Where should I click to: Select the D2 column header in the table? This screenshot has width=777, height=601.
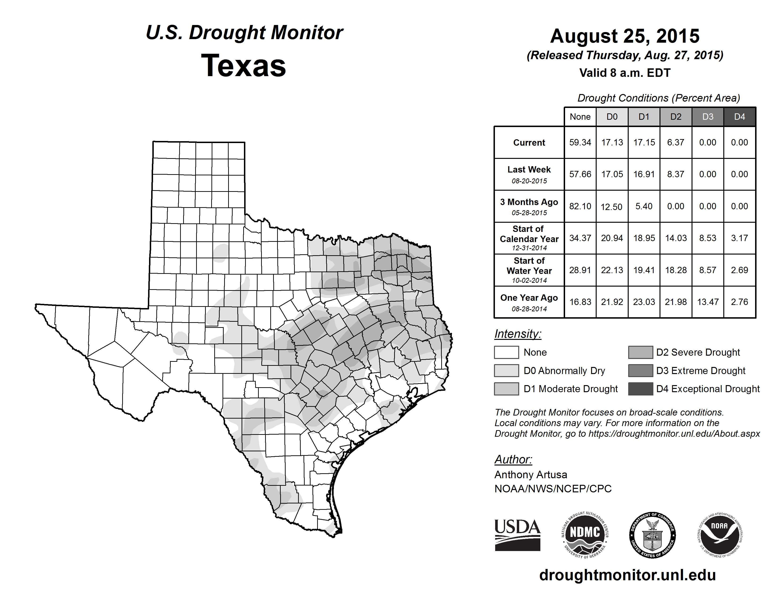click(x=676, y=117)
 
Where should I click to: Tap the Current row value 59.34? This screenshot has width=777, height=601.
click(x=580, y=142)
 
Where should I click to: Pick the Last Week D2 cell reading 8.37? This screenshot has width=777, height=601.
click(x=676, y=174)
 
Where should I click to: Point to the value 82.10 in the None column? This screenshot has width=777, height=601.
click(x=580, y=206)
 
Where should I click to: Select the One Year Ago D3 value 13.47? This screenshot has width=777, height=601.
click(x=708, y=302)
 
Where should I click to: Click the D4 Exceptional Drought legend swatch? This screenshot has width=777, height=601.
click(x=640, y=389)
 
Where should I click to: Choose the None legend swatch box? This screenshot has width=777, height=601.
click(x=506, y=352)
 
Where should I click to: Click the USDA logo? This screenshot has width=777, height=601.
click(x=517, y=535)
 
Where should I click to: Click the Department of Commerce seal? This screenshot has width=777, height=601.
click(x=652, y=535)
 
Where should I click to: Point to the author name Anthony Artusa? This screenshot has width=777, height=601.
click(x=530, y=475)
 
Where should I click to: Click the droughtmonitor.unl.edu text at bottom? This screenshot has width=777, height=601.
click(x=627, y=575)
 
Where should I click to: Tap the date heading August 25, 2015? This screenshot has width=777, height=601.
click(x=625, y=36)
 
